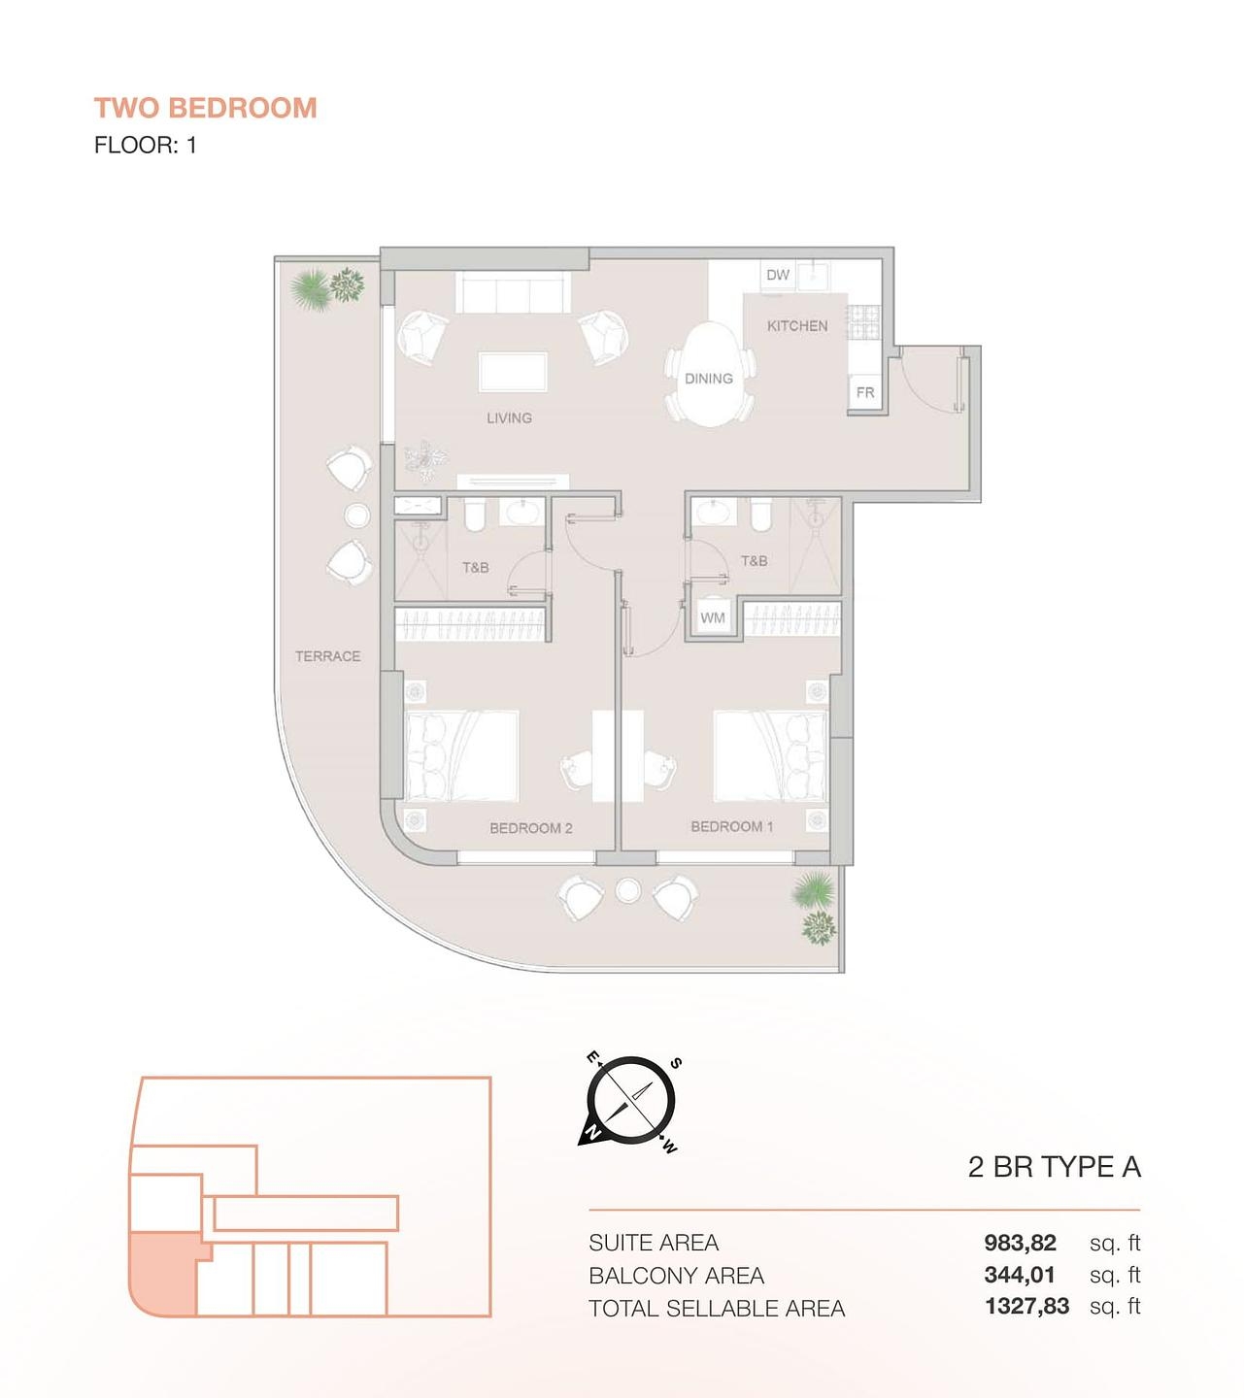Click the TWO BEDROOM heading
(205, 108)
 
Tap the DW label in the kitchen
(778, 275)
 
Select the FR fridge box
(865, 393)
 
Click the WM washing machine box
(713, 617)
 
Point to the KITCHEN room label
(797, 326)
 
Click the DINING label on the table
(709, 379)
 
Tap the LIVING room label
(509, 418)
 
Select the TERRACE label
(327, 656)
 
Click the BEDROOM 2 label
(530, 828)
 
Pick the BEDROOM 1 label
(731, 826)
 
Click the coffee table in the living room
(513, 372)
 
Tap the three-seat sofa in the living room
(513, 292)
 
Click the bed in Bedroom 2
(461, 756)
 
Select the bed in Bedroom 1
(770, 756)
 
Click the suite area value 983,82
(1020, 1243)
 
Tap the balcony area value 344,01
(1019, 1275)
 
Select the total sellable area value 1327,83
(1026, 1307)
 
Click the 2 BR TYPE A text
(1054, 1167)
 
